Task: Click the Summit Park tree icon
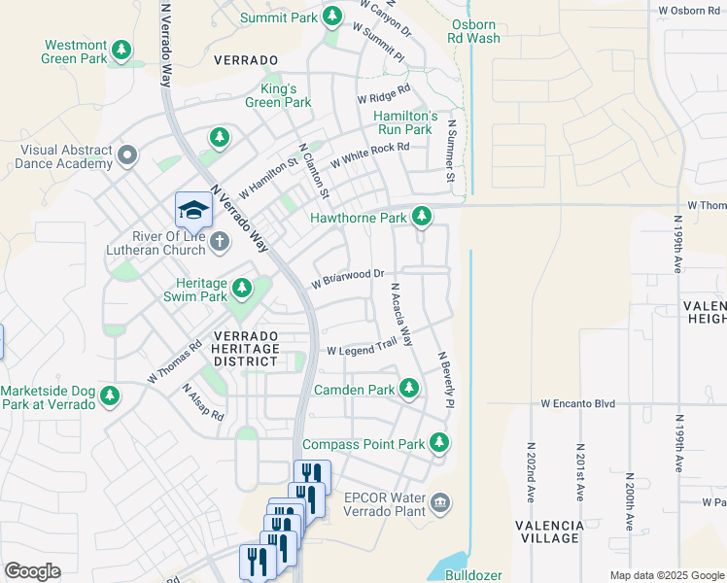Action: pyautogui.click(x=332, y=17)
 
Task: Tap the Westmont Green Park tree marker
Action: pyautogui.click(x=121, y=49)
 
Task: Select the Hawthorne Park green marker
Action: pyautogui.click(x=421, y=216)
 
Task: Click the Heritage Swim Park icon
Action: pyautogui.click(x=241, y=288)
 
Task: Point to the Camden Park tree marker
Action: pyautogui.click(x=409, y=389)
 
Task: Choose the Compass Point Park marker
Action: pyautogui.click(x=439, y=443)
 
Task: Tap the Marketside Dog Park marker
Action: pyautogui.click(x=110, y=395)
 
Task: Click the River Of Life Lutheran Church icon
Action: pyautogui.click(x=220, y=241)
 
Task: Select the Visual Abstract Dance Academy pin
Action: pyautogui.click(x=126, y=155)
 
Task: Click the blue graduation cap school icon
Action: pyautogui.click(x=193, y=209)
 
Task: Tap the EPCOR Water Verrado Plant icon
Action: pyautogui.click(x=439, y=501)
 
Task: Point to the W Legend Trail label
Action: pyautogui.click(x=363, y=349)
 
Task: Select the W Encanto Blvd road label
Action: pyautogui.click(x=579, y=402)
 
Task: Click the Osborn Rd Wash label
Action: pyautogui.click(x=473, y=31)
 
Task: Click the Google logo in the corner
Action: pyautogui.click(x=32, y=571)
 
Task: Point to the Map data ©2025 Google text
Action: pyautogui.click(x=666, y=575)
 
